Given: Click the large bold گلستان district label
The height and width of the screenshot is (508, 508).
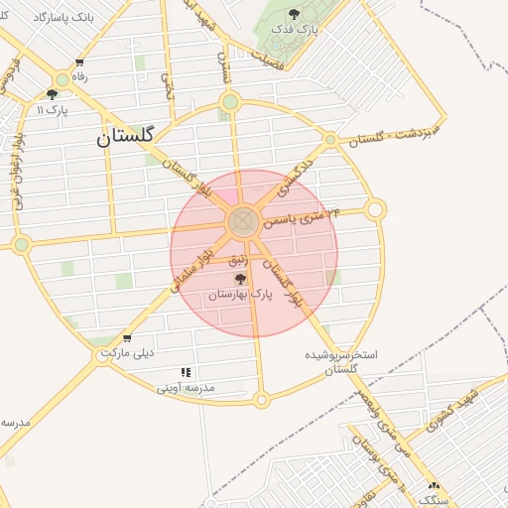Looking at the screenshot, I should pyautogui.click(x=128, y=138).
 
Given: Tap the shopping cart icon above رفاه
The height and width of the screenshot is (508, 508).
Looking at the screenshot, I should pyautogui.click(x=78, y=63).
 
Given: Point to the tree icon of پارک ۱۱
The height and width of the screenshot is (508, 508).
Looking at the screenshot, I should pyautogui.click(x=53, y=94).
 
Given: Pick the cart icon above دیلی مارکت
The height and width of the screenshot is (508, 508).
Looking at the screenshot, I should pyautogui.click(x=126, y=338).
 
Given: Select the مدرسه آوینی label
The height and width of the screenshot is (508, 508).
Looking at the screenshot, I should pyautogui.click(x=185, y=388).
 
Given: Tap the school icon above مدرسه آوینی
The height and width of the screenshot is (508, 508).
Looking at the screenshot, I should pyautogui.click(x=186, y=373).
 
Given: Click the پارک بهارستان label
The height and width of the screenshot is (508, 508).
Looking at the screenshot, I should pyautogui.click(x=239, y=295).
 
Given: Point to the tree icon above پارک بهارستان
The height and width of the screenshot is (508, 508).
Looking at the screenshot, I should pyautogui.click(x=240, y=279).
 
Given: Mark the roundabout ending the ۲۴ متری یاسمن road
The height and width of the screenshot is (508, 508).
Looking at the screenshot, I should pyautogui.click(x=375, y=209).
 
